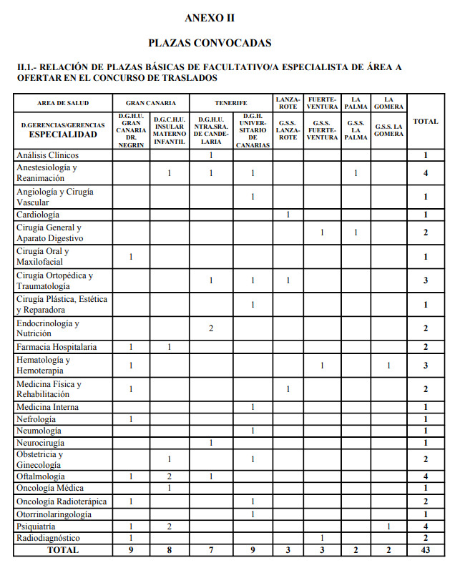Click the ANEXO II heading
(209, 18)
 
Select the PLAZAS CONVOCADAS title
(209, 43)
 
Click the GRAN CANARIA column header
(151, 103)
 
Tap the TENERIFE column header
(230, 103)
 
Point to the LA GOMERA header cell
(388, 103)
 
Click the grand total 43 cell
(425, 550)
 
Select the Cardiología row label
(38, 215)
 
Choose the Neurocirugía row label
(40, 443)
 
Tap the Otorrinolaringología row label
(54, 514)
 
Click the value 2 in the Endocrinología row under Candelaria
(211, 328)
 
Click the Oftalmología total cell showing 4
(425, 476)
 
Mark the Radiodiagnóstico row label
(48, 538)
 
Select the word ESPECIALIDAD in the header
(63, 134)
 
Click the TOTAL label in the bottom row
(63, 550)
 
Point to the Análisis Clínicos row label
(47, 155)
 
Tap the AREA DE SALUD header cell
(63, 103)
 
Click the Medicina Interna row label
(47, 407)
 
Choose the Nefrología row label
(36, 418)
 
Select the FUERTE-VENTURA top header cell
(322, 103)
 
